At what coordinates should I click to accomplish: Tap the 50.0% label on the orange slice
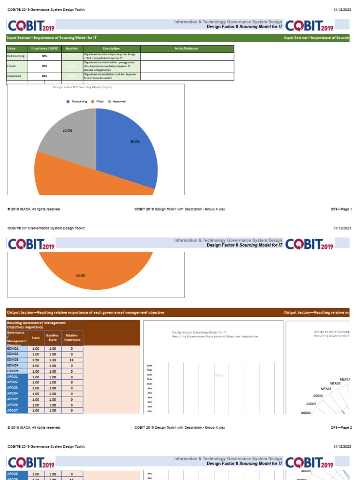click(x=81, y=276)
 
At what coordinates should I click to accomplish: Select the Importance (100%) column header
click(x=44, y=48)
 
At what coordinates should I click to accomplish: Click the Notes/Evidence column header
click(x=186, y=48)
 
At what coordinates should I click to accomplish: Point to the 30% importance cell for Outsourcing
click(x=44, y=56)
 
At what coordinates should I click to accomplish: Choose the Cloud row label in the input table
click(x=12, y=66)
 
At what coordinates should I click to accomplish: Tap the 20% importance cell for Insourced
click(x=44, y=75)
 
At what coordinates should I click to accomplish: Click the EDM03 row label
click(x=13, y=360)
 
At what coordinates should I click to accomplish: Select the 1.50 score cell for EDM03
click(x=36, y=360)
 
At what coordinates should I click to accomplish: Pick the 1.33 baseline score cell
click(x=52, y=360)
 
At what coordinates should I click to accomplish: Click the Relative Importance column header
click(x=72, y=337)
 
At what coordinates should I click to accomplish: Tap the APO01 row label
click(x=13, y=377)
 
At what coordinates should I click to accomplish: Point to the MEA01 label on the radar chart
click(x=326, y=389)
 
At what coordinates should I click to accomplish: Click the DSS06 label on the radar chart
click(x=318, y=396)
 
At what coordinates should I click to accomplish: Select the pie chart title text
click(x=82, y=87)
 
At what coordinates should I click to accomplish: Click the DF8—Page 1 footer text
click(x=341, y=209)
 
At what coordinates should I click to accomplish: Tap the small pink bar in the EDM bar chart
click(x=218, y=375)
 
